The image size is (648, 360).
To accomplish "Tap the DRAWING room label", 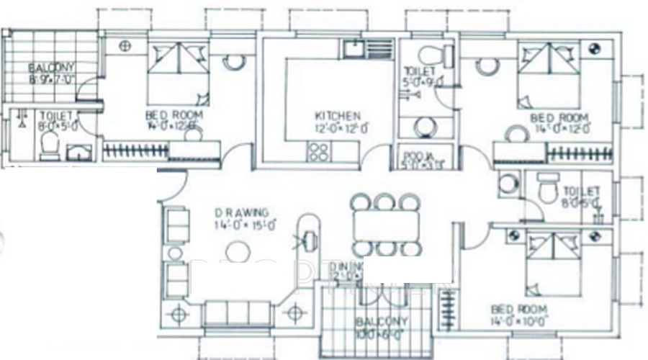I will pos(242,213).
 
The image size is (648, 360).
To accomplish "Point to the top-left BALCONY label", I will pos(51,68).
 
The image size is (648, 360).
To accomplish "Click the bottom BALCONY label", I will pos(382,322).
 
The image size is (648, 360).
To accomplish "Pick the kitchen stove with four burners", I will pos(318,152).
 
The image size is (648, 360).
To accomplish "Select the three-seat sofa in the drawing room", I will pos(237,312).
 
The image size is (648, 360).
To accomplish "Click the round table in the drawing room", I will pos(235,251).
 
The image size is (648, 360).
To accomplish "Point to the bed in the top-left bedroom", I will pos(179,72).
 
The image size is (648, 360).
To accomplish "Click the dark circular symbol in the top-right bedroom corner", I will pos(595,49).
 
